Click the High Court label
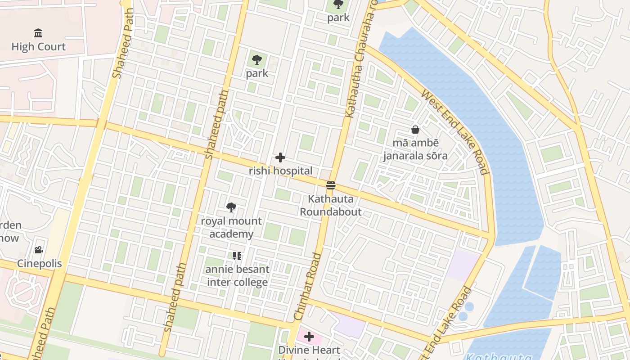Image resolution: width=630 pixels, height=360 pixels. point(38,47)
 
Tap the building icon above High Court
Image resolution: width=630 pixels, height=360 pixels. point(38,33)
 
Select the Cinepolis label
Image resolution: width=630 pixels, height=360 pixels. point(39,264)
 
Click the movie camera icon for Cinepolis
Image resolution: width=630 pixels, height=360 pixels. point(39,250)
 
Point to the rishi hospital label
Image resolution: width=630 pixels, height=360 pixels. point(280,171)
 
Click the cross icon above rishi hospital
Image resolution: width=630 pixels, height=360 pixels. point(280,157)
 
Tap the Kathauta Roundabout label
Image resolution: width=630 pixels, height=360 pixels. point(331,205)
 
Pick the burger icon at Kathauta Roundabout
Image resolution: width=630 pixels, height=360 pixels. point(331,185)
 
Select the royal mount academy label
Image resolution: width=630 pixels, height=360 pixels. point(231,227)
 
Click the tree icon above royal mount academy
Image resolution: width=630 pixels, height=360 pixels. point(231,207)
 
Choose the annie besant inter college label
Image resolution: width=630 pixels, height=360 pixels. point(237,276)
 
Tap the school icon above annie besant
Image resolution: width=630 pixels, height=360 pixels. point(237,256)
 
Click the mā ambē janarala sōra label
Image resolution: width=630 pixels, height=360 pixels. point(415,149)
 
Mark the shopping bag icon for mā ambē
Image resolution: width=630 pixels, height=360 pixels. point(415,130)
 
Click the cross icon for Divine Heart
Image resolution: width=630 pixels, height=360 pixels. point(309,337)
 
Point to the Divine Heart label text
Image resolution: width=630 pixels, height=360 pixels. point(309,350)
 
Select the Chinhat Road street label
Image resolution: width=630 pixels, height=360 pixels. point(308,287)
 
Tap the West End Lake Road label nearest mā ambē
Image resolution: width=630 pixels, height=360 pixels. point(454,132)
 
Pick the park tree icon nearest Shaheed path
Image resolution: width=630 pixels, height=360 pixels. point(257,59)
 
